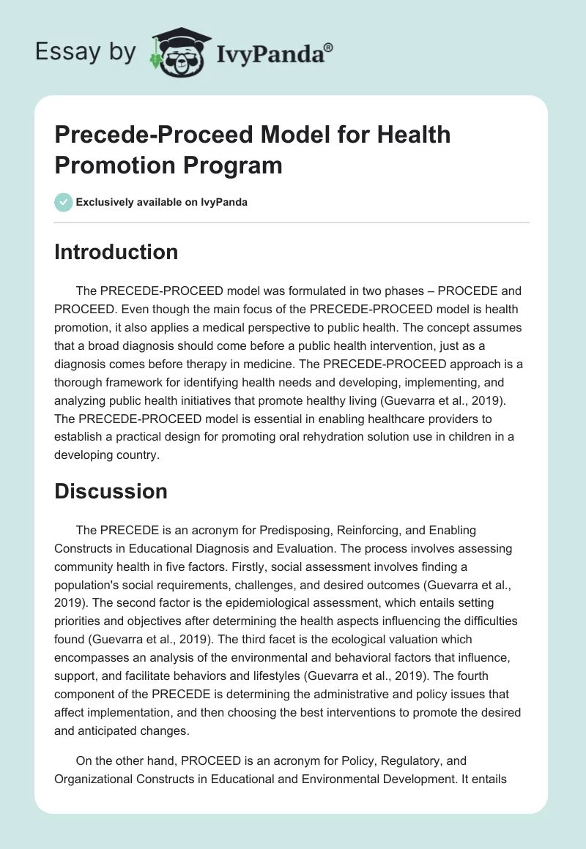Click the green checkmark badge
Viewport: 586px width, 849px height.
point(63,202)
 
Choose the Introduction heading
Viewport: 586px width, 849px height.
point(116,252)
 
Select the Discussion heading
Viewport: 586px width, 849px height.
point(111,491)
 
